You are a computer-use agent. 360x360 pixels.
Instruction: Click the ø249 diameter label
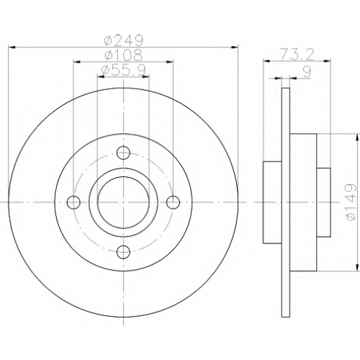124,40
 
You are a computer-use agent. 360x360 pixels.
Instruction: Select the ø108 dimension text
124,55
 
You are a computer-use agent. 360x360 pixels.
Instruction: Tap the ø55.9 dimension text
124,70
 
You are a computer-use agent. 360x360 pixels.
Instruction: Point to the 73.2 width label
297,54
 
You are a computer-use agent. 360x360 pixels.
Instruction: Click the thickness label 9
307,71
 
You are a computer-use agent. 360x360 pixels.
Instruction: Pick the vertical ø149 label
350,202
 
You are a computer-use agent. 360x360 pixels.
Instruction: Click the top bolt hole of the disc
123,153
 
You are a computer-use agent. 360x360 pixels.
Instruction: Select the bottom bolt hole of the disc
123,252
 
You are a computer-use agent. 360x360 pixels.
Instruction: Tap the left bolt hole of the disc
73,202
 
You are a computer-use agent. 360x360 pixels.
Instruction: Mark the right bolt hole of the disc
173,202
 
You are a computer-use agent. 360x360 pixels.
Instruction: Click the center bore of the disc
123,202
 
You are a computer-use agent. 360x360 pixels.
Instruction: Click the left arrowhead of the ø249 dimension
12,48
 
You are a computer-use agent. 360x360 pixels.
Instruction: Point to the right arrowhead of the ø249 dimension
235,48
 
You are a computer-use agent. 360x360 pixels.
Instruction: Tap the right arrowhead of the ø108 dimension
170,62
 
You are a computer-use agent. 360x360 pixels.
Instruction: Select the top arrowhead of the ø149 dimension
358,138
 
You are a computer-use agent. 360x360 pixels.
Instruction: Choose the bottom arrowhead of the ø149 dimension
358,268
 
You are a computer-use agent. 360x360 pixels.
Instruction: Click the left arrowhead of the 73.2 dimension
267,61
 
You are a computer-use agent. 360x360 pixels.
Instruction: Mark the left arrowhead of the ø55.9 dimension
101,76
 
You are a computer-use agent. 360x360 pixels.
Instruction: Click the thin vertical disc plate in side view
286,202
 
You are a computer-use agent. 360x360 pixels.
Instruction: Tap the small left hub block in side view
272,202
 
